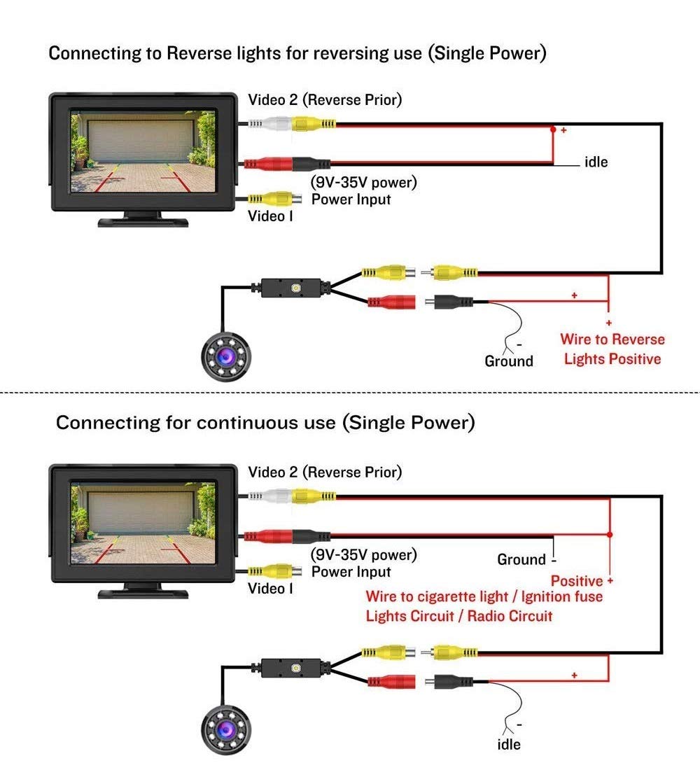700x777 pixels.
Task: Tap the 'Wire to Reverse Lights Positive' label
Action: (x=612, y=349)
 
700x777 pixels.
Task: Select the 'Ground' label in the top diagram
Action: (x=509, y=361)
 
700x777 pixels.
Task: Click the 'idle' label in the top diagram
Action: (x=596, y=162)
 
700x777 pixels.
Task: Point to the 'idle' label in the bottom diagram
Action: (x=509, y=744)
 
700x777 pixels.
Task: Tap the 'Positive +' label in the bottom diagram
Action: (x=582, y=581)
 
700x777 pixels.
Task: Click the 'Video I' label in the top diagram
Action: (x=270, y=216)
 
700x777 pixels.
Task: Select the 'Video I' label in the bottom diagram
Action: (x=270, y=589)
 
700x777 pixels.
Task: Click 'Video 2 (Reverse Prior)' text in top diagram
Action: (x=325, y=100)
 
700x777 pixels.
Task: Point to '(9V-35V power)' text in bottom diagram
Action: (x=363, y=555)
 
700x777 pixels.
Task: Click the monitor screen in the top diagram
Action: (x=143, y=150)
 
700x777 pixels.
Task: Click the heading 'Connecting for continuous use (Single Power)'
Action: (x=265, y=423)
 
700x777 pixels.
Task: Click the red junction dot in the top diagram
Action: (x=553, y=129)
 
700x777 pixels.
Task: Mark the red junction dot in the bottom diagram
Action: (x=610, y=534)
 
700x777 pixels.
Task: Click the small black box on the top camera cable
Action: (x=292, y=288)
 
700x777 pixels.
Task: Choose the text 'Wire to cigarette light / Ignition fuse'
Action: (x=484, y=597)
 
